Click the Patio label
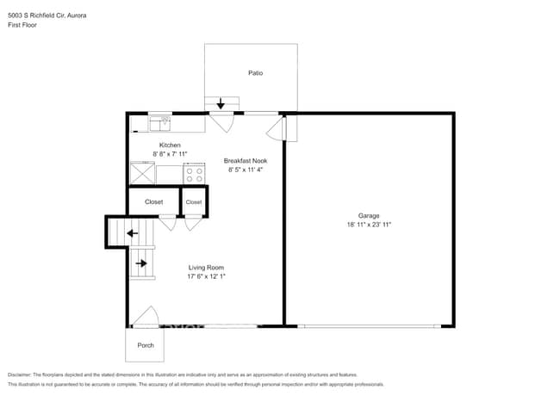[255, 73]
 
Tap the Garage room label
[369, 215]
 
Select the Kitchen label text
[170, 145]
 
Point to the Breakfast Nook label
[245, 161]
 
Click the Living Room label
[207, 269]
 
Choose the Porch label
[144, 346]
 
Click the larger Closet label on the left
[153, 202]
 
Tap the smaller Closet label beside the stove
[194, 202]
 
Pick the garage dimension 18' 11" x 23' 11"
[369, 225]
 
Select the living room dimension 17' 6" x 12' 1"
[207, 278]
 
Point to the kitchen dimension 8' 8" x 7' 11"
[170, 154]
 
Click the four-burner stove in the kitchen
[194, 173]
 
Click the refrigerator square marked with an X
[141, 173]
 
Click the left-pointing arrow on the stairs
[132, 232]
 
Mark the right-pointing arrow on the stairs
[141, 263]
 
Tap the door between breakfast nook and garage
[277, 130]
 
